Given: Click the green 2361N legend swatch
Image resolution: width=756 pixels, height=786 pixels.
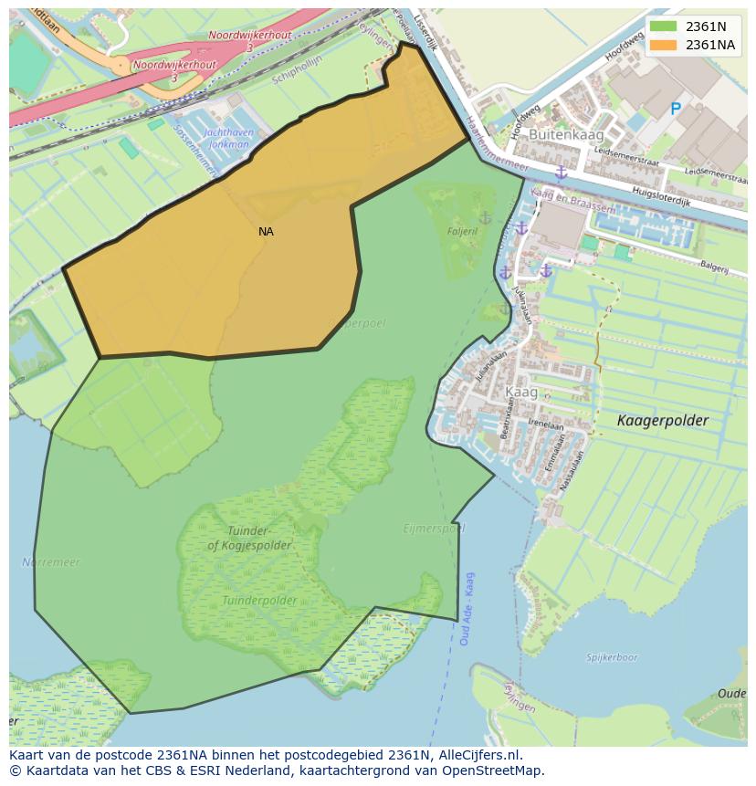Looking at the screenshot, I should (x=663, y=26).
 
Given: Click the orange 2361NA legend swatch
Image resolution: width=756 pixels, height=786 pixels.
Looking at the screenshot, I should (x=663, y=45).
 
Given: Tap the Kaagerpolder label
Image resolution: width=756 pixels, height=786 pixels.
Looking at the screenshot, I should (x=662, y=421).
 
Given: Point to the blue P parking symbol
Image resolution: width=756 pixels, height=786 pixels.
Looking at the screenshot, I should (x=676, y=110).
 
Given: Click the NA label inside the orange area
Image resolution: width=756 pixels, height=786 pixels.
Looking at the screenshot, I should (x=266, y=232).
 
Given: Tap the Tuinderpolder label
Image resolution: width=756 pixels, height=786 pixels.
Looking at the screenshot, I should (x=259, y=601).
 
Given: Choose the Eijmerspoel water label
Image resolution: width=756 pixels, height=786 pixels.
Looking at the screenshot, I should (x=434, y=529).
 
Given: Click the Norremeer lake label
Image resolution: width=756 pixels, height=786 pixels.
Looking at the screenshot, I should (x=51, y=562).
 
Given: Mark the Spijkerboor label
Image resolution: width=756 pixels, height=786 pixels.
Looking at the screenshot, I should (x=612, y=657).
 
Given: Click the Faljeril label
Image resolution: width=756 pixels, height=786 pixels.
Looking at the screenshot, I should (x=462, y=232).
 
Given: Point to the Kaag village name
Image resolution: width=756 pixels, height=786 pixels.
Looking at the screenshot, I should (x=521, y=393).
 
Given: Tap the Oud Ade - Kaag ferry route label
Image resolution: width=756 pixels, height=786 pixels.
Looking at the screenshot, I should (x=467, y=609).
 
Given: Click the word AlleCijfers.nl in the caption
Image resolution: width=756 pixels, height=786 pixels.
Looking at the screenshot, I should (x=482, y=755).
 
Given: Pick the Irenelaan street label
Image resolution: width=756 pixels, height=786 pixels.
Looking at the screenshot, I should (x=546, y=424).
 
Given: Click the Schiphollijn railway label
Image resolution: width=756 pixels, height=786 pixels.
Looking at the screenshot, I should (x=298, y=79).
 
